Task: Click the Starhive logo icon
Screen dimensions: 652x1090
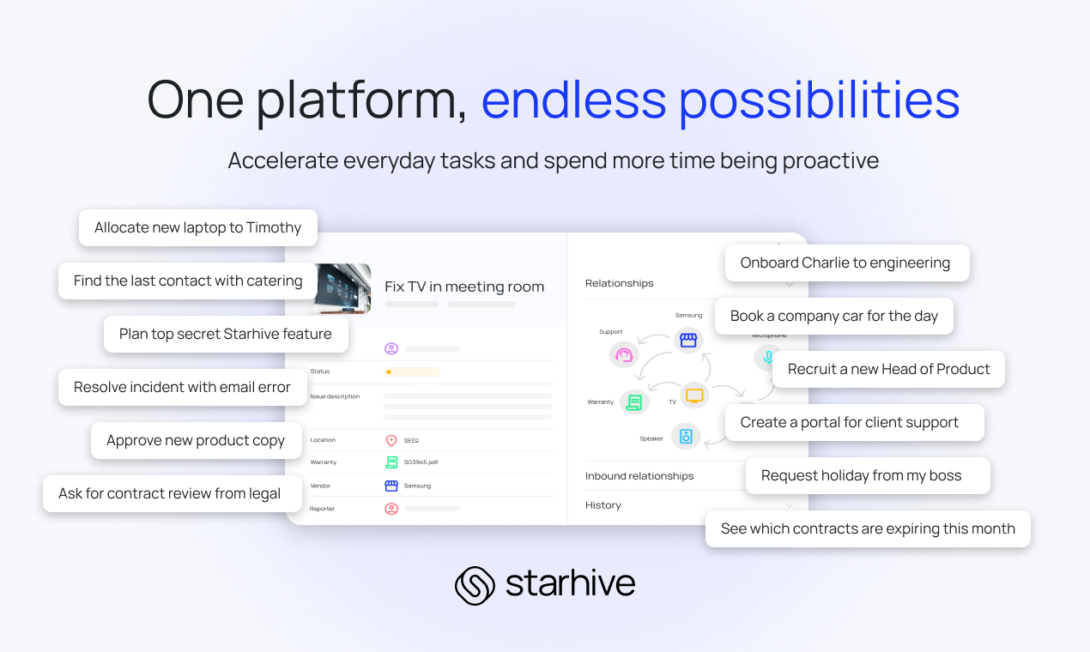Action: pos(475,585)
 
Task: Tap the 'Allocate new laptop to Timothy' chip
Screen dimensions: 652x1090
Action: pos(197,228)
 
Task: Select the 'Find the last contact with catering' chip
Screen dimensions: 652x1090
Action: pos(187,281)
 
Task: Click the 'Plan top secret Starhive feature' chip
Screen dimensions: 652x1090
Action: pos(225,335)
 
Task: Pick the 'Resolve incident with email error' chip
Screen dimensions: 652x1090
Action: pos(182,388)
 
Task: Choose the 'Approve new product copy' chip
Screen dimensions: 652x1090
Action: pos(196,441)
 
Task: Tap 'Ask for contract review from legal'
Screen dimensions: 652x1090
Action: pos(169,494)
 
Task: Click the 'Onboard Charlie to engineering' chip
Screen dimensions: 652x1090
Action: pos(845,263)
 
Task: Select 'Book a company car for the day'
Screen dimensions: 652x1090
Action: pos(833,317)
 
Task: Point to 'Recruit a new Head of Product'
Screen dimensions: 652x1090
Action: pos(888,370)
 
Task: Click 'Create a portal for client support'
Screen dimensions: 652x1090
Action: pos(849,423)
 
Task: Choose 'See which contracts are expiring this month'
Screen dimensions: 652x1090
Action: pos(868,529)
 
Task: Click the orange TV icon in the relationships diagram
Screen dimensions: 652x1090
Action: pos(694,395)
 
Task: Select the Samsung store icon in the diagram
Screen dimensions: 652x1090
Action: pos(687,341)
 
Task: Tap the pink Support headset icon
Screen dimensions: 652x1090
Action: pos(624,354)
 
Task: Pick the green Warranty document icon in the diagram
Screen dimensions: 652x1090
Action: pos(634,401)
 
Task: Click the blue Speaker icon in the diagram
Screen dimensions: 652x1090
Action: pos(686,436)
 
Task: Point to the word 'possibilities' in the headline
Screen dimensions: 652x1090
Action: pos(819,100)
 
